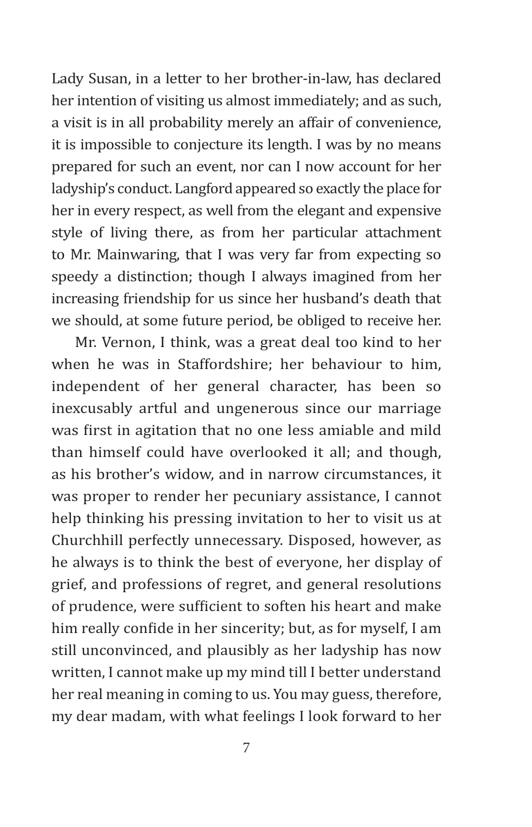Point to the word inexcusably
point(92,409)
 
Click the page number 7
point(246,748)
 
